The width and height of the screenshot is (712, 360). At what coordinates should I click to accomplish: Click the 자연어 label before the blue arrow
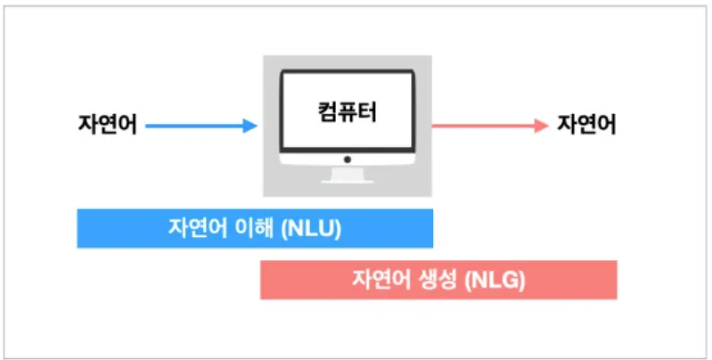point(107,125)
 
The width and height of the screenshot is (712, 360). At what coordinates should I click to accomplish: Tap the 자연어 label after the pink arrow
point(586,125)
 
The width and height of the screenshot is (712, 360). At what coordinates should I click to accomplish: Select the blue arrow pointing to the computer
point(200,126)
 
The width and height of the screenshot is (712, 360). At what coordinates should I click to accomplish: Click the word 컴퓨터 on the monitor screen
point(347,113)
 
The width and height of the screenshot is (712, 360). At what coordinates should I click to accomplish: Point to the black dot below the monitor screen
point(348,160)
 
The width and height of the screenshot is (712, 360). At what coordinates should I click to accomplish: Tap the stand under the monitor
point(348,176)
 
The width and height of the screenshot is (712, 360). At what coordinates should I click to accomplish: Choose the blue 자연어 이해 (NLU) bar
point(255,228)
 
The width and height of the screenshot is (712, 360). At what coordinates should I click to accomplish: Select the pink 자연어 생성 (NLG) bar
point(438,280)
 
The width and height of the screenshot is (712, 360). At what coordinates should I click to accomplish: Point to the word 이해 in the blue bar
point(254,228)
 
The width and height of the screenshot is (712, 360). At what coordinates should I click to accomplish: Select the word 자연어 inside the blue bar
point(197,228)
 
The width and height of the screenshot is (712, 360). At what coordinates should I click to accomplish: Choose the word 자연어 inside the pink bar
point(381,280)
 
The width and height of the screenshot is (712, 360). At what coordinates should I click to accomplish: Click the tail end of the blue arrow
point(147,126)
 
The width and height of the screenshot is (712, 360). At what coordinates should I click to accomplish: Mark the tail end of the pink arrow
point(436,126)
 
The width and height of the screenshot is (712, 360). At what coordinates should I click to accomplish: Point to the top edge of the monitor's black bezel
point(348,72)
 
